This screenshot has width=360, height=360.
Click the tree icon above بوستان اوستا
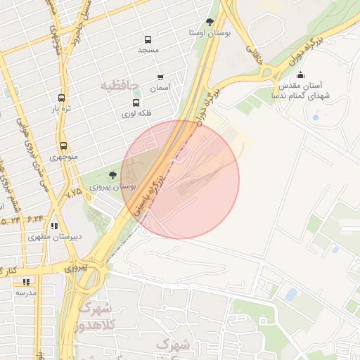(210, 22)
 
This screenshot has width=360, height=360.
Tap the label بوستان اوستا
(210, 33)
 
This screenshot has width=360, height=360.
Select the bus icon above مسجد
(148, 39)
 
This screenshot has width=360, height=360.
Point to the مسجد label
(148, 50)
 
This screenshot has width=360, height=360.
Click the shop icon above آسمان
(160, 77)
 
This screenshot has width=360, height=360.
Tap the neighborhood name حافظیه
(116, 86)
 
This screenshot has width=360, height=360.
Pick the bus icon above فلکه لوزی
(136, 103)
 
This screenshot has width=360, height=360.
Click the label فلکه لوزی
(136, 113)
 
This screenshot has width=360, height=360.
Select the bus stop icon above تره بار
(62, 98)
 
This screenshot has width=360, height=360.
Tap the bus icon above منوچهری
(64, 146)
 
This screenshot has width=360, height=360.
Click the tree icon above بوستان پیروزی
(112, 175)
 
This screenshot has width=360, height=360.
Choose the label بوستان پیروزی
(112, 187)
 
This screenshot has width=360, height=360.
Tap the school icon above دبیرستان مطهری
(54, 226)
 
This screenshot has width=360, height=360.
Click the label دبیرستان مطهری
(55, 237)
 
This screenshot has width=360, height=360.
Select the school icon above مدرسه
(27, 281)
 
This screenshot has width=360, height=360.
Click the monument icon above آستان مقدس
(301, 75)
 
